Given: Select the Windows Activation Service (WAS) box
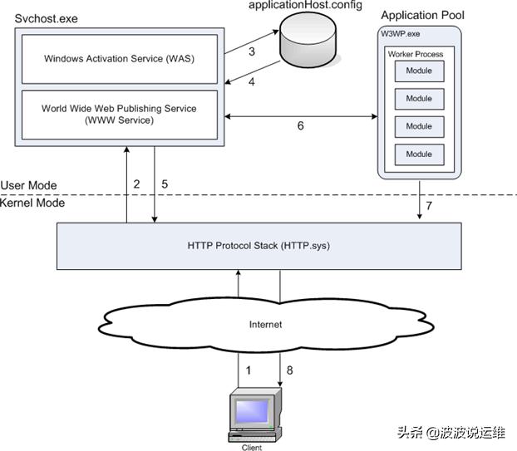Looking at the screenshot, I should click(x=121, y=58).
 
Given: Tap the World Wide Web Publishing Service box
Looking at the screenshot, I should click(x=121, y=115).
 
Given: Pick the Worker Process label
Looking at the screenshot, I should click(x=416, y=54).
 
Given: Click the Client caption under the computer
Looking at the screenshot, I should click(x=251, y=447).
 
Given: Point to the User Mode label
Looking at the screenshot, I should click(x=29, y=185).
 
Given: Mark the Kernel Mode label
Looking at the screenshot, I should click(x=32, y=203).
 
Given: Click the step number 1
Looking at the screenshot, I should click(x=247, y=363).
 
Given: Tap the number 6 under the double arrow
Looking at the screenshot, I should click(x=301, y=127).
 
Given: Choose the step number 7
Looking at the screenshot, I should click(x=428, y=204).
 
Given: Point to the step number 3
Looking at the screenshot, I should click(x=253, y=51).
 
